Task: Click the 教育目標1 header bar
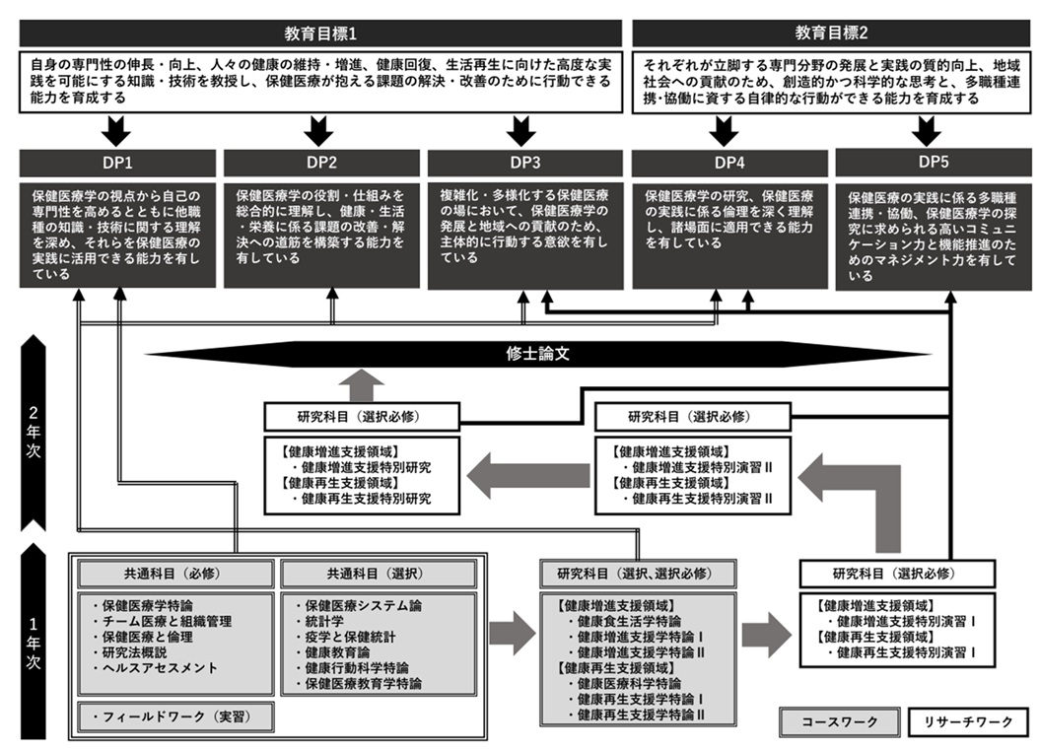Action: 320,32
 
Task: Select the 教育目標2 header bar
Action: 830,32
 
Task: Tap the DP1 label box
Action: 117,163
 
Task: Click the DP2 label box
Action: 321,163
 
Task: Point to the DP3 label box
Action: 521,163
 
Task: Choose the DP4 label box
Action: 727,163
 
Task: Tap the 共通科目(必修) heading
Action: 174,574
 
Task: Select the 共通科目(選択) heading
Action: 378,574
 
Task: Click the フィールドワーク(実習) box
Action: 173,716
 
